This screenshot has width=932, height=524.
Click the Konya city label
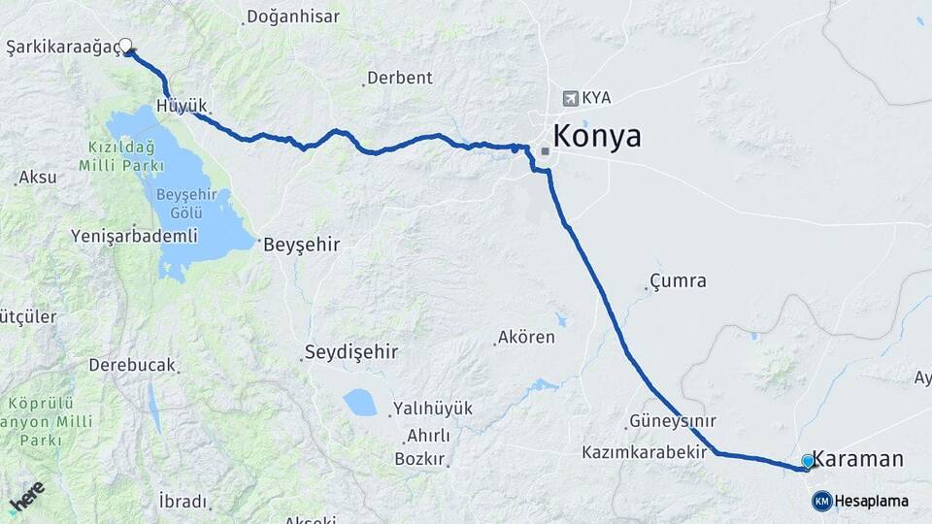(597, 137)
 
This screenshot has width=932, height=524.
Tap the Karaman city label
(857, 459)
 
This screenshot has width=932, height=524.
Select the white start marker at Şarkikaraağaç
(126, 44)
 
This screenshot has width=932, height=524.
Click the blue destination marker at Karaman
(808, 461)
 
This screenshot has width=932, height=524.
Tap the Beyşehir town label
(301, 246)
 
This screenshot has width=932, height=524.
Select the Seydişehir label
(351, 351)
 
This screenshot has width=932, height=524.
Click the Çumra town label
(678, 282)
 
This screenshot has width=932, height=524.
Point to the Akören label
(525, 338)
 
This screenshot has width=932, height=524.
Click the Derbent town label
(399, 78)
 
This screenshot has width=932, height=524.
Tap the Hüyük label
(181, 106)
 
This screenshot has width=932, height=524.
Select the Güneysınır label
(673, 421)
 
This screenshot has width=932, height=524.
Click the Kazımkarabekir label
(644, 452)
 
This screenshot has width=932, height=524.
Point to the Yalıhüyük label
(432, 409)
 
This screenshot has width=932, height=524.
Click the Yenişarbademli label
(134, 236)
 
